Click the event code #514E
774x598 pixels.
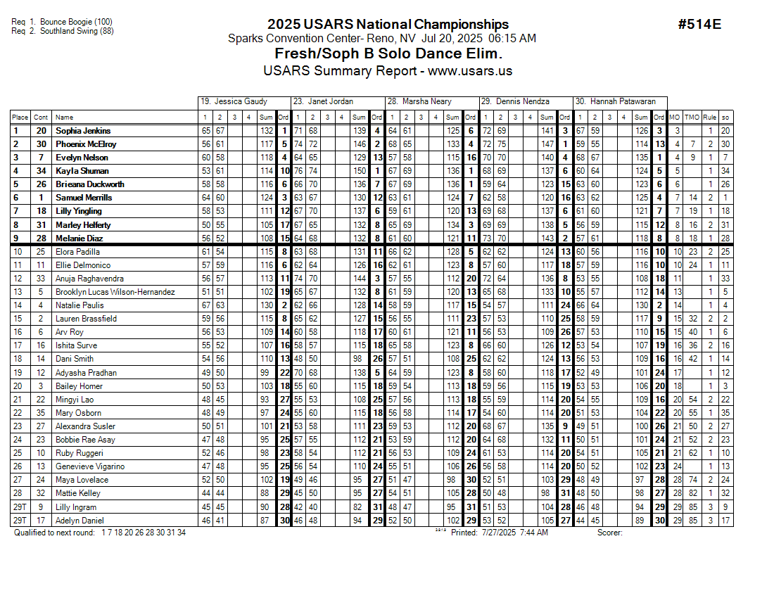pyautogui.click(x=699, y=25)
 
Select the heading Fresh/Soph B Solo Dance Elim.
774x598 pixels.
pyautogui.click(x=388, y=54)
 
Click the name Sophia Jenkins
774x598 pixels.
pyautogui.click(x=83, y=131)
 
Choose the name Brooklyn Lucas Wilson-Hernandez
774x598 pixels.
pyautogui.click(x=115, y=292)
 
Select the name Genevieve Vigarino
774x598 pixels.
pyautogui.click(x=90, y=466)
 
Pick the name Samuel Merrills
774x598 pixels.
pyautogui.click(x=84, y=198)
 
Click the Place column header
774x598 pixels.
pyautogui.click(x=20, y=117)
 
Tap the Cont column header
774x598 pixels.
pyautogui.click(x=42, y=117)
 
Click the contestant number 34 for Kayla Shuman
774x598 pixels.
pyautogui.click(x=42, y=171)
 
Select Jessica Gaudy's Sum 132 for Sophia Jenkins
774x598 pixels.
pyautogui.click(x=267, y=131)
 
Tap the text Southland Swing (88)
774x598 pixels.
pyautogui.click(x=77, y=31)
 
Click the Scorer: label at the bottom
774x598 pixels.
pyautogui.click(x=609, y=533)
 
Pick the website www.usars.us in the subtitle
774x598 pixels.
pyautogui.click(x=470, y=71)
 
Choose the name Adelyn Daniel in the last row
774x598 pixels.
pyautogui.click(x=80, y=521)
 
